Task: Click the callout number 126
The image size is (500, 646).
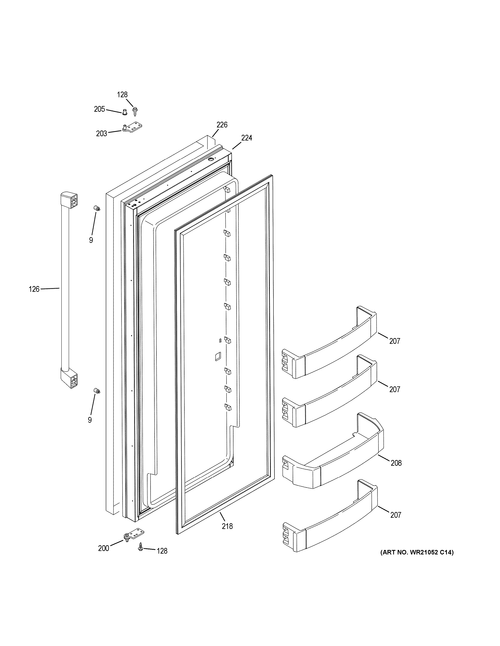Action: [34, 289]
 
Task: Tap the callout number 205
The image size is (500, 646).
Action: [99, 109]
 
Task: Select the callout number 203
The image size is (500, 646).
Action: [101, 134]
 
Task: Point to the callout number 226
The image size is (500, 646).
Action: [222, 125]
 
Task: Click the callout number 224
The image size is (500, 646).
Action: [247, 138]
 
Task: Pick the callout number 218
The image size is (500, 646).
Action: [227, 526]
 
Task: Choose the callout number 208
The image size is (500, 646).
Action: [396, 463]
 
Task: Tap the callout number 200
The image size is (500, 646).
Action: [103, 548]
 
